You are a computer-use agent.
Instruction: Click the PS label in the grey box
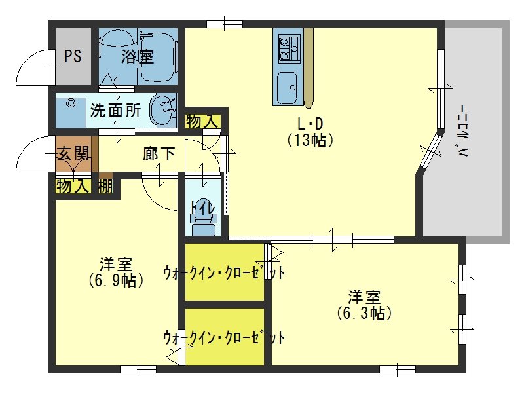pos(73,56)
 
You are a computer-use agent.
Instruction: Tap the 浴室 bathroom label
pos(137,57)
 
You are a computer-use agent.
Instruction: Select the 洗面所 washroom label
pos(115,110)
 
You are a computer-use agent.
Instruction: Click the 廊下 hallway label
pos(159,155)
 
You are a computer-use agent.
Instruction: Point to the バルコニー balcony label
pos(464,132)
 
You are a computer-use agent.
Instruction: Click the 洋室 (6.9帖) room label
pos(116,272)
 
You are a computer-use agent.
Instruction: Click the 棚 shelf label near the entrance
pos(105,186)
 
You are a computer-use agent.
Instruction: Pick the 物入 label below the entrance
pos(72,186)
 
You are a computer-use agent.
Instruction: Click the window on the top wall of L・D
pos(225,25)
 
